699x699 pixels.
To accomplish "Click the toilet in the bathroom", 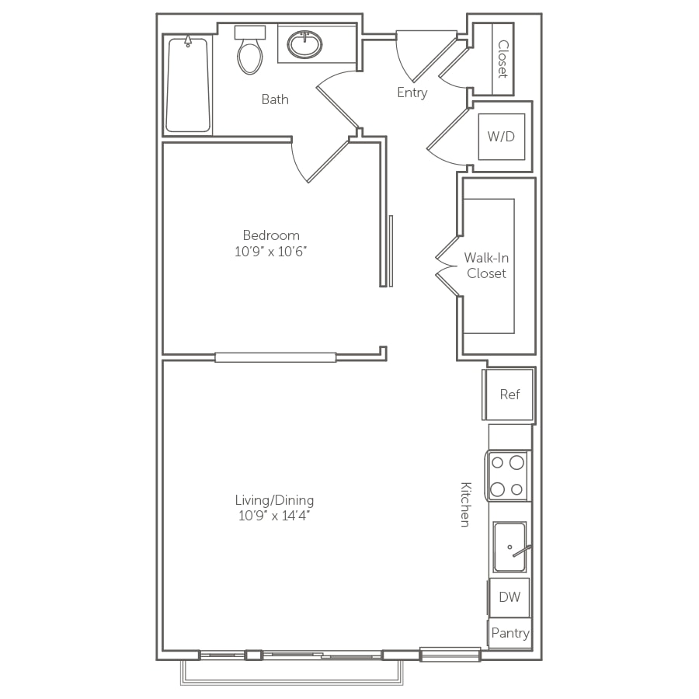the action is [250, 50].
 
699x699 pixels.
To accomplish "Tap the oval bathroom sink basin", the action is [305, 44].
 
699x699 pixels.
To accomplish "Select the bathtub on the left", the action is [188, 85].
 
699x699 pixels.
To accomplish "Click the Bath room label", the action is [275, 99].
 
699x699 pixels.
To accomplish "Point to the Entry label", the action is [412, 92].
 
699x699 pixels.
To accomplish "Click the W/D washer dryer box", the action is [502, 137].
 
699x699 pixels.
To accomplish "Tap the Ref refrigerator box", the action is [509, 394].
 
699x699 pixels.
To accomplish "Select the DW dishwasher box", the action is [509, 597].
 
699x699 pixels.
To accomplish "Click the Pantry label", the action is [510, 633].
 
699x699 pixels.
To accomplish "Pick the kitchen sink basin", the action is [509, 547].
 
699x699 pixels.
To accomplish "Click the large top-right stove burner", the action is [516, 463].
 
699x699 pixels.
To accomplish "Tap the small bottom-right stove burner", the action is [516, 489].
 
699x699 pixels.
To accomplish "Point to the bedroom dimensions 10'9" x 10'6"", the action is [271, 252].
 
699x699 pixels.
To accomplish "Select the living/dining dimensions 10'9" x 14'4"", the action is [274, 516].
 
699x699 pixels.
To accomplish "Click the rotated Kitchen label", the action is [465, 504].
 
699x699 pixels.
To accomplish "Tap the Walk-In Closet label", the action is [486, 266].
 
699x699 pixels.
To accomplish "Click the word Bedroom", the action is [271, 235].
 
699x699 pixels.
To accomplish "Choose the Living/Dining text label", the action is [274, 500].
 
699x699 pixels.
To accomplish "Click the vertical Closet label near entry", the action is [503, 59].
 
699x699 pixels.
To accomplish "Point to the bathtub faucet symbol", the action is [188, 41].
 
